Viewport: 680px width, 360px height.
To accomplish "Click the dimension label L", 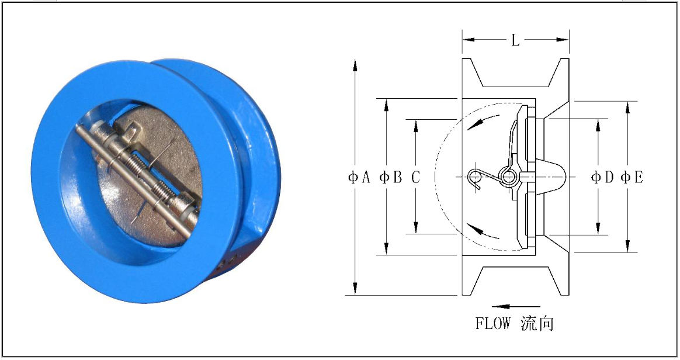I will (515, 40).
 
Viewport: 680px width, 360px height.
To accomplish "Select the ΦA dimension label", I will (359, 177).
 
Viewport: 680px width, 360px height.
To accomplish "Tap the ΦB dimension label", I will (390, 177).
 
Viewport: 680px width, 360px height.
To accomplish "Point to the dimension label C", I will (415, 177).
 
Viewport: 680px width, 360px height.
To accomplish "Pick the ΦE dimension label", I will (632, 177).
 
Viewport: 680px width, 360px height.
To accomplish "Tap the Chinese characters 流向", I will (537, 323).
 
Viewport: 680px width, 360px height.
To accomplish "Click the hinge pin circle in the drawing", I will (506, 175).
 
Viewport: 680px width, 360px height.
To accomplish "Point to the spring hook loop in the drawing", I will (476, 176).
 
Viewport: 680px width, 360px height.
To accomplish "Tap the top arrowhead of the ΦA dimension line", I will (355, 64).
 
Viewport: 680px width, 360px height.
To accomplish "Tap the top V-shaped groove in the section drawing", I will (515, 73).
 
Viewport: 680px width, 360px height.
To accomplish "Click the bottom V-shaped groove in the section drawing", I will (515, 279).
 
